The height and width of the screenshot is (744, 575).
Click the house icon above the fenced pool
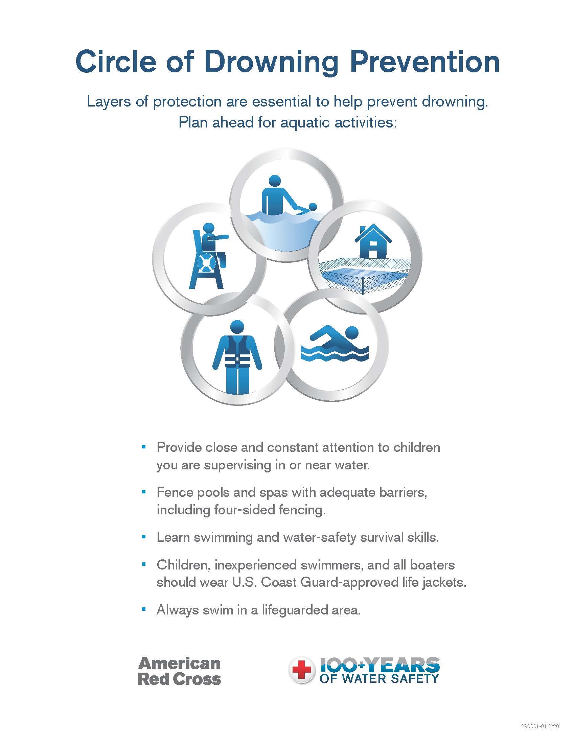pyautogui.click(x=373, y=241)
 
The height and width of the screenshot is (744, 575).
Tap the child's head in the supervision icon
pyautogui.click(x=313, y=206)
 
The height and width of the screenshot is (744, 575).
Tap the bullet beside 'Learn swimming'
pyautogui.click(x=144, y=537)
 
